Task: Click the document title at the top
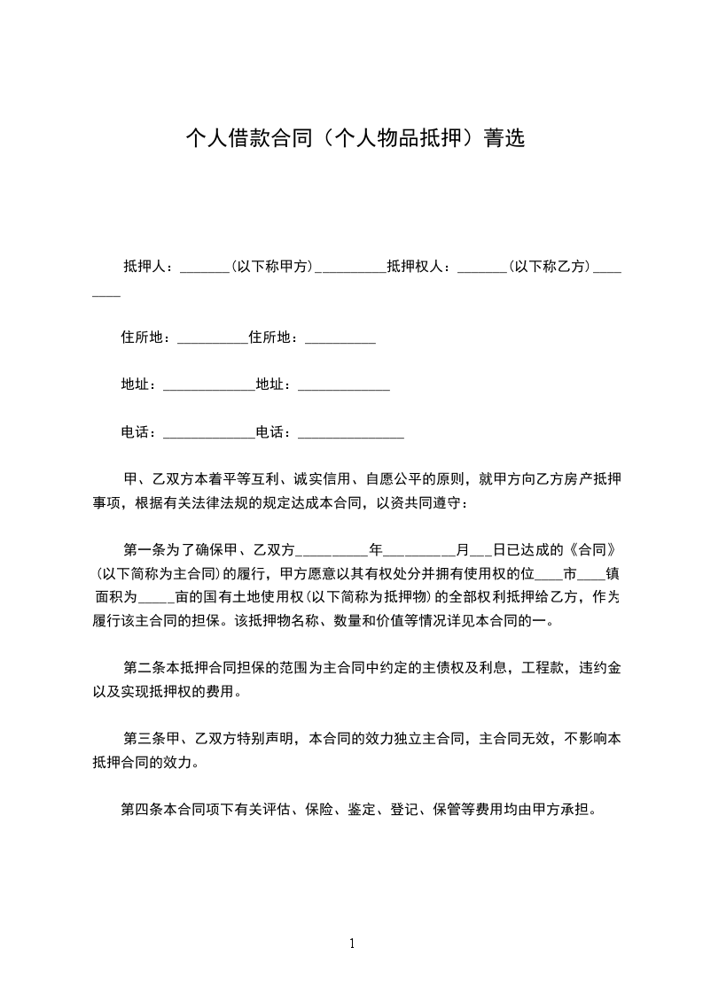[355, 138]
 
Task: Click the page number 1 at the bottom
[352, 944]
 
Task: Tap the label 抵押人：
[150, 266]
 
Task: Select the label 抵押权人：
[420, 266]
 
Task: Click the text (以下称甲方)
[272, 266]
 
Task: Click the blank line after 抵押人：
[204, 268]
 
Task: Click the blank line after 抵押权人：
[480, 268]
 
